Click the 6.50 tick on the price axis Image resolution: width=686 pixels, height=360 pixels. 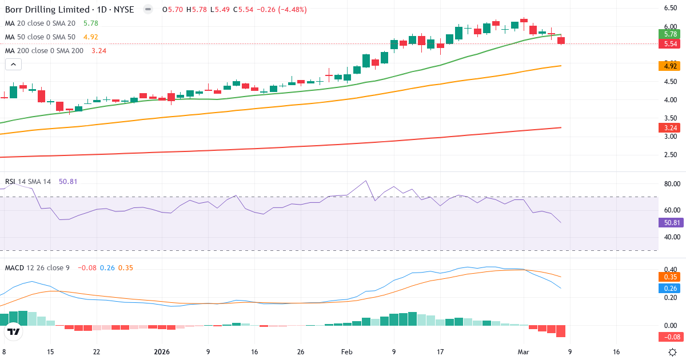[671, 8]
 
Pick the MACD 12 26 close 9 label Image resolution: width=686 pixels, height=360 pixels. [37, 267]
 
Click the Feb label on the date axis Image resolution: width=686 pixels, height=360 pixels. [347, 352]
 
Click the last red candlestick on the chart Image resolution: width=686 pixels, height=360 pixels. [561, 41]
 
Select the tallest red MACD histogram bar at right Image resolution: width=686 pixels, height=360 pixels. [561, 331]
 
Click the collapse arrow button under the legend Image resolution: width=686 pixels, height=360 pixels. [13, 65]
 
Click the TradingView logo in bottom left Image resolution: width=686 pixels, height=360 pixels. [14, 331]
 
